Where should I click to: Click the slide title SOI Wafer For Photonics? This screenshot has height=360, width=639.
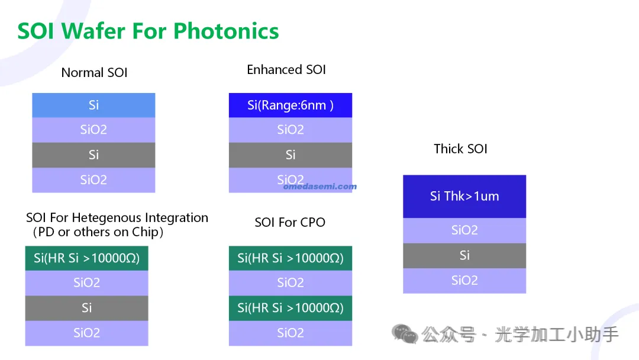(x=148, y=31)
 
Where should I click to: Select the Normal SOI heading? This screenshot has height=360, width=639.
(x=94, y=73)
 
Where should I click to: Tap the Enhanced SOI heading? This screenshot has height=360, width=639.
(x=286, y=70)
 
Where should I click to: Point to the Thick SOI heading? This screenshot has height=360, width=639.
(x=460, y=149)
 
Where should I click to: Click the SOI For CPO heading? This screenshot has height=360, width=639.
(x=290, y=222)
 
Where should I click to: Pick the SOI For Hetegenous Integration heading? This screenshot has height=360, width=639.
(x=117, y=224)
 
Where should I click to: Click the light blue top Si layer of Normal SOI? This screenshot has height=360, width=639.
(x=93, y=105)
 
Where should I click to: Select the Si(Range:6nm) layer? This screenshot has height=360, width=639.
(x=291, y=105)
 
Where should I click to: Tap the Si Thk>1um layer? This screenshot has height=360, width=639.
(x=464, y=197)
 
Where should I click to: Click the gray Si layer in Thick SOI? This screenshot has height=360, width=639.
(x=464, y=256)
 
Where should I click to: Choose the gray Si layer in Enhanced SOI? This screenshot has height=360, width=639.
(x=291, y=155)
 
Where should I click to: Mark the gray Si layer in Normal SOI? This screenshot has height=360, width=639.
(x=93, y=155)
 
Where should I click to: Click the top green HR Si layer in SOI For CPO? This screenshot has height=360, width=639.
(x=291, y=258)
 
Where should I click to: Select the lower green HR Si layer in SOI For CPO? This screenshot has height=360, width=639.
(x=291, y=308)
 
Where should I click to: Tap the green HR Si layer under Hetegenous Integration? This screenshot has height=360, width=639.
(x=87, y=258)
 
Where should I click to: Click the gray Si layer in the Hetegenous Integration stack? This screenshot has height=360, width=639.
(x=87, y=308)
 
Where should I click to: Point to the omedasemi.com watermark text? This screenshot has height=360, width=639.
(x=320, y=187)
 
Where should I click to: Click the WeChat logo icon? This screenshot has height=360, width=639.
(x=405, y=334)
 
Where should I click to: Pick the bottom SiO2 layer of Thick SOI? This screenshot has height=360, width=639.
(x=464, y=281)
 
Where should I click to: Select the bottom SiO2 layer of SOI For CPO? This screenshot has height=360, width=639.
(x=291, y=333)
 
